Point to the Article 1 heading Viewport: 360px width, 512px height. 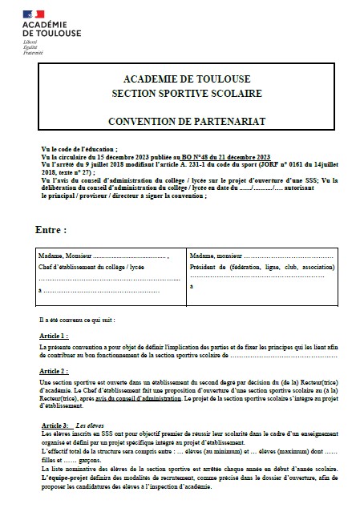(54, 334)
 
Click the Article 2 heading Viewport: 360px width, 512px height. (54, 372)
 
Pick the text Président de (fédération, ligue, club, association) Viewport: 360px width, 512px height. (262, 266)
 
